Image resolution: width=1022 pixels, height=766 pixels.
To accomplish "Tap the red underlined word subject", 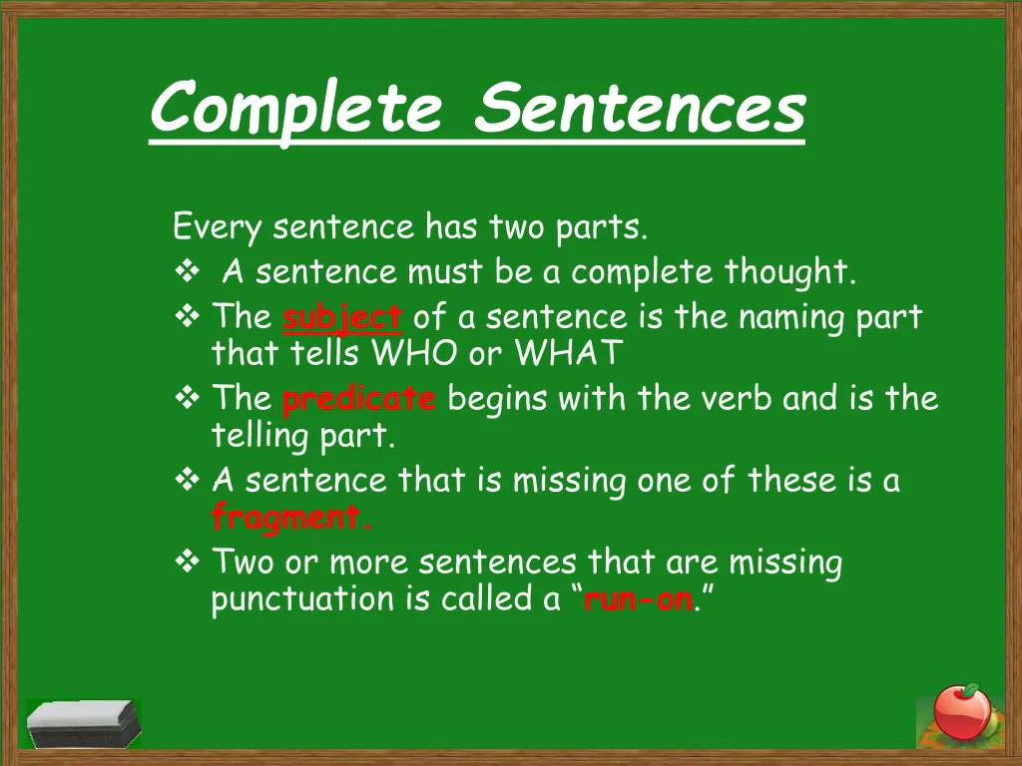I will click(x=342, y=318).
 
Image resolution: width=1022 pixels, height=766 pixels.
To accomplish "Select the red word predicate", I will click(x=359, y=400).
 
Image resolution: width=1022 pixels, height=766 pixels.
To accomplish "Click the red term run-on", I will click(x=637, y=599).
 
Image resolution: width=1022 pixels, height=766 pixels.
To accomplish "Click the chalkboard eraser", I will click(x=82, y=723).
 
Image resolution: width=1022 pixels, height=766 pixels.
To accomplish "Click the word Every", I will click(x=217, y=227).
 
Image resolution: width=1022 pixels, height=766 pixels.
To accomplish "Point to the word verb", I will click(x=741, y=399).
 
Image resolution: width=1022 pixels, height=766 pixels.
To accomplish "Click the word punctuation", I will click(x=303, y=600).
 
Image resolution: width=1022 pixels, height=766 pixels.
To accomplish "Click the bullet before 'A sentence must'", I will click(x=187, y=271).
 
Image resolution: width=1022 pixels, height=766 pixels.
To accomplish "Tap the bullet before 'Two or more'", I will click(x=187, y=564).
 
